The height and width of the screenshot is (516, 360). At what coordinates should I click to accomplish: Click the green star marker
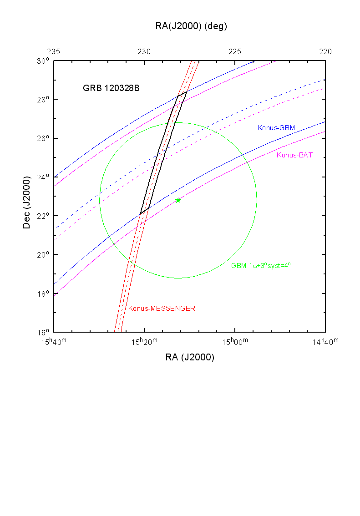click(178, 200)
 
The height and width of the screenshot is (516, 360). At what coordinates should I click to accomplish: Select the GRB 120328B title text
click(111, 88)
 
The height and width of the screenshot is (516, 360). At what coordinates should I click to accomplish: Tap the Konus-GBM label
click(276, 128)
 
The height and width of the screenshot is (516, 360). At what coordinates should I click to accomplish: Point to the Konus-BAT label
click(295, 155)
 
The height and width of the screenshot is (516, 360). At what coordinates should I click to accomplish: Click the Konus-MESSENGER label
click(162, 308)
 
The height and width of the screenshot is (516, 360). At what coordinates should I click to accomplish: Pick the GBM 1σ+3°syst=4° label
click(261, 265)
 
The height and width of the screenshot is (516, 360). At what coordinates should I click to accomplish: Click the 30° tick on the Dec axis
click(44, 61)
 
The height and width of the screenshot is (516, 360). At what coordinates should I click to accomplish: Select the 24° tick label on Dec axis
click(44, 177)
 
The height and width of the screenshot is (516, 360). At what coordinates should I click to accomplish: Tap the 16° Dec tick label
click(44, 332)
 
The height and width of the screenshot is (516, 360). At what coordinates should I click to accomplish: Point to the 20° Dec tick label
click(44, 255)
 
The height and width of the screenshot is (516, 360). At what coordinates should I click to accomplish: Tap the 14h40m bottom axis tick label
click(325, 342)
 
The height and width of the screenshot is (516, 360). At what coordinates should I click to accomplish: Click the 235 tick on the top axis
click(54, 51)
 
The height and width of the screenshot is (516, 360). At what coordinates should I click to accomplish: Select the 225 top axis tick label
click(235, 51)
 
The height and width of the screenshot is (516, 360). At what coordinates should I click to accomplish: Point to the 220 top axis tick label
click(325, 51)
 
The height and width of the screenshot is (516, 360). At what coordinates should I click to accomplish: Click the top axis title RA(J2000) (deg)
click(191, 26)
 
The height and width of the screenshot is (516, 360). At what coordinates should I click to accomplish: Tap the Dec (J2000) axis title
click(27, 197)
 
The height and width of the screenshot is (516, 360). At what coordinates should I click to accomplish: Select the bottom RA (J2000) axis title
click(190, 358)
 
